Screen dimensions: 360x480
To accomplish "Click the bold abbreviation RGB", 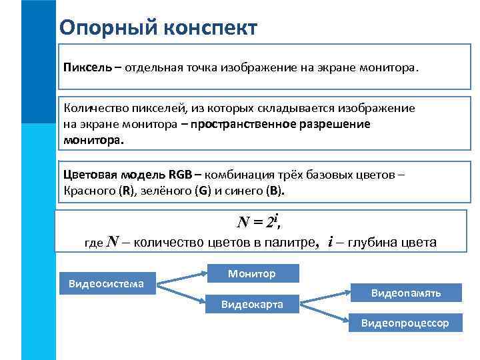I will coord(180,175).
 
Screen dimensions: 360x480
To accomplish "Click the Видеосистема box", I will coord(107,284).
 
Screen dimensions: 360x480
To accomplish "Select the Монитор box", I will coord(251,274).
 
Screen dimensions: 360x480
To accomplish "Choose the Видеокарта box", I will coord(252,305).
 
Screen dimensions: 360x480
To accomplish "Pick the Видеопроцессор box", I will coord(405,323).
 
